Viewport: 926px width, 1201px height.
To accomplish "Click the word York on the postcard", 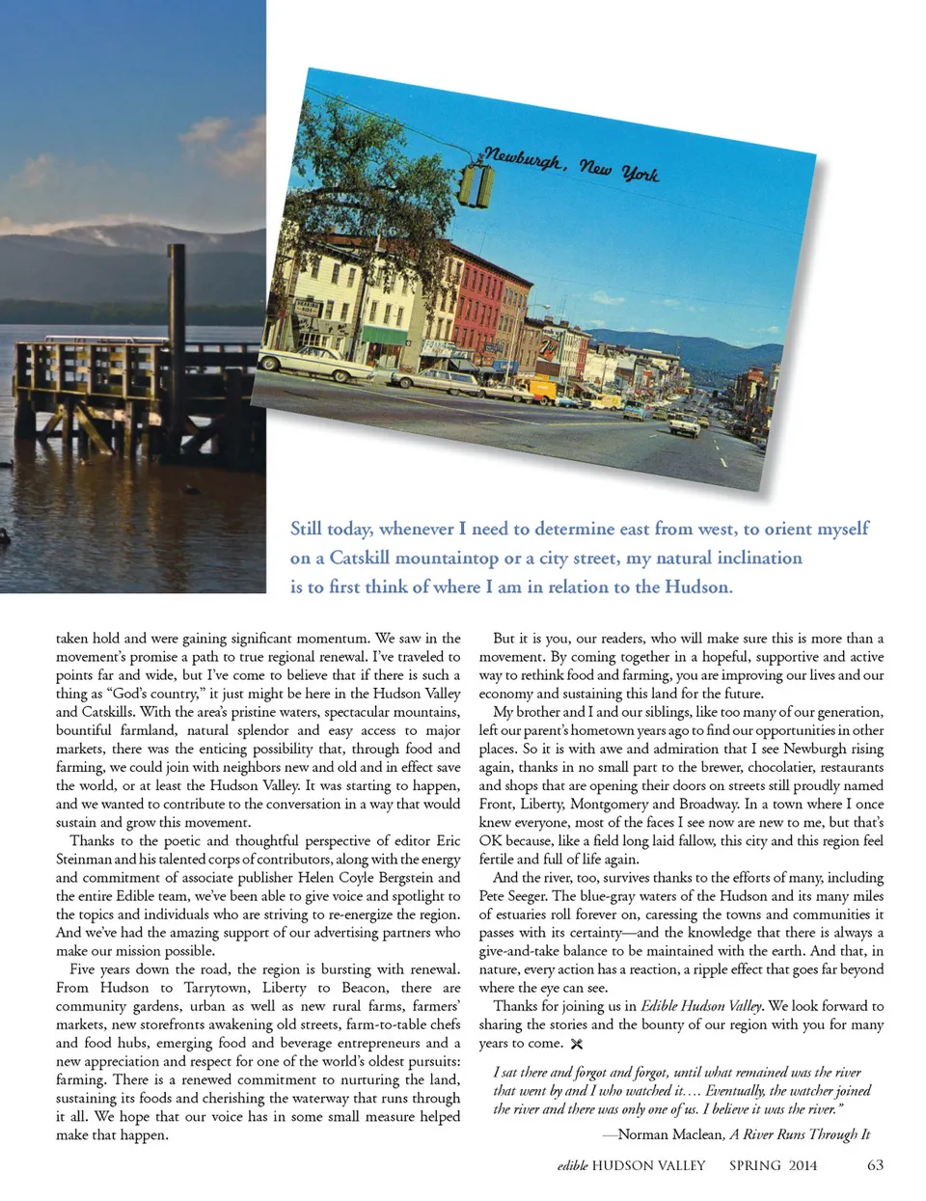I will tap(640, 174).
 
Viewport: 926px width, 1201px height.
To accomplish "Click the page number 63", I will tap(875, 1164).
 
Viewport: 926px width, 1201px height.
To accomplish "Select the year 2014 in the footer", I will tap(803, 1165).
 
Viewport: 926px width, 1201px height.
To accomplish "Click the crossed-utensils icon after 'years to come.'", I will tap(577, 1044).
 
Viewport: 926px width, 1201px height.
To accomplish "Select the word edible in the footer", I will tap(572, 1165).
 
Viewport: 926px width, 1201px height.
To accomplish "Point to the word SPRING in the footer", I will tap(754, 1165).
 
